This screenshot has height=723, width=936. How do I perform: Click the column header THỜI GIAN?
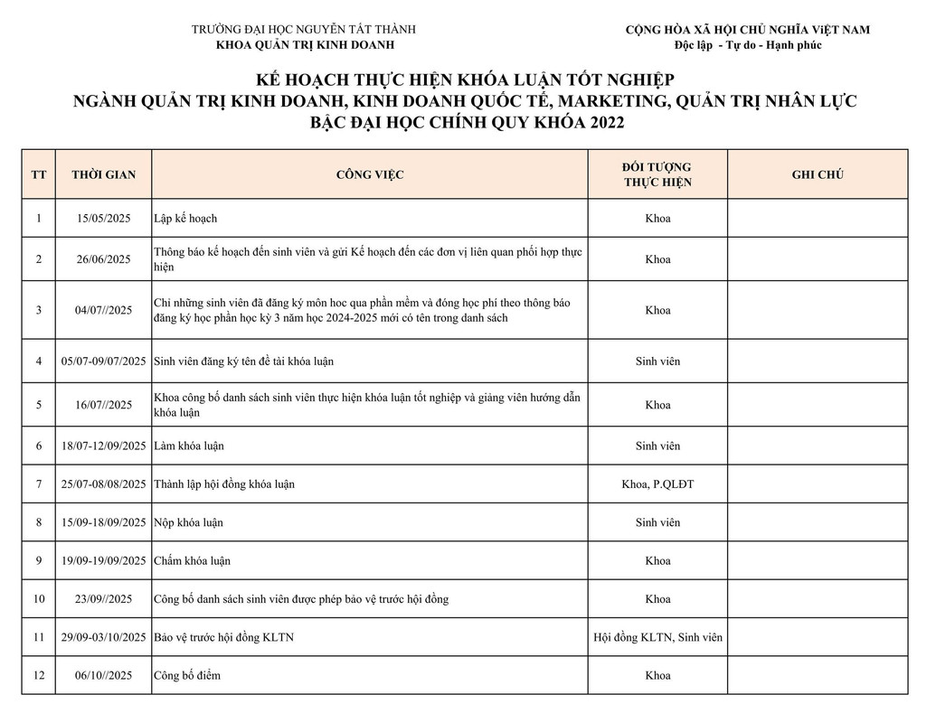pos(103,174)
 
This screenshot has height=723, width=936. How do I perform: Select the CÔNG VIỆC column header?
pos(370,174)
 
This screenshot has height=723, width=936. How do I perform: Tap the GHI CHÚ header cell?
pos(818,174)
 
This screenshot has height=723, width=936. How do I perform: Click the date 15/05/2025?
pos(103,219)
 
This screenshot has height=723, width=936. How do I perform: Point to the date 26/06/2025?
pos(103,259)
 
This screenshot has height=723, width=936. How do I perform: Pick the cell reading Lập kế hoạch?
pos(186,219)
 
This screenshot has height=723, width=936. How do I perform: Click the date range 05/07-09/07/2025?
pos(103,361)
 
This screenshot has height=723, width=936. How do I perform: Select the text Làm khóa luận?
pos(189,446)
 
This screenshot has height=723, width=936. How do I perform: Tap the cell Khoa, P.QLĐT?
pos(657,484)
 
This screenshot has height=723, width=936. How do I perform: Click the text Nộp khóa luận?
pos(189,522)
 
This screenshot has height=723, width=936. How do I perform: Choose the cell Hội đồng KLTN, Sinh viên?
pos(657,637)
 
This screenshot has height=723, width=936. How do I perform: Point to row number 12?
pos(39,675)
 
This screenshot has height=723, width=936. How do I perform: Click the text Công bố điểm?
pos(187,675)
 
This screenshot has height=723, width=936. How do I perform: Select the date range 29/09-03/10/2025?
pos(103,637)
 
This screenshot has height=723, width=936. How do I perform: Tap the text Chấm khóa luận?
pos(192,561)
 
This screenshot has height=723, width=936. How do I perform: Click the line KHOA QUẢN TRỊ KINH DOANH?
pos(306,45)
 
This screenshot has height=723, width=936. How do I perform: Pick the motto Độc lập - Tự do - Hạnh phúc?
pos(748,45)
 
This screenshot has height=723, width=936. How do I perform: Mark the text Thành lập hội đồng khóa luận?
pos(224,484)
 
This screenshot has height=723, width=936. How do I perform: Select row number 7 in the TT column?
pos(39,484)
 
